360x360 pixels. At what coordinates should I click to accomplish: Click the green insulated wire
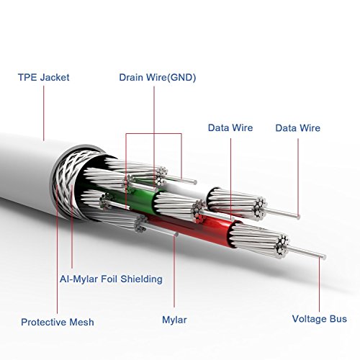pos(140,197)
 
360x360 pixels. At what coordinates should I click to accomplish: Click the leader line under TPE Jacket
pos(44,112)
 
